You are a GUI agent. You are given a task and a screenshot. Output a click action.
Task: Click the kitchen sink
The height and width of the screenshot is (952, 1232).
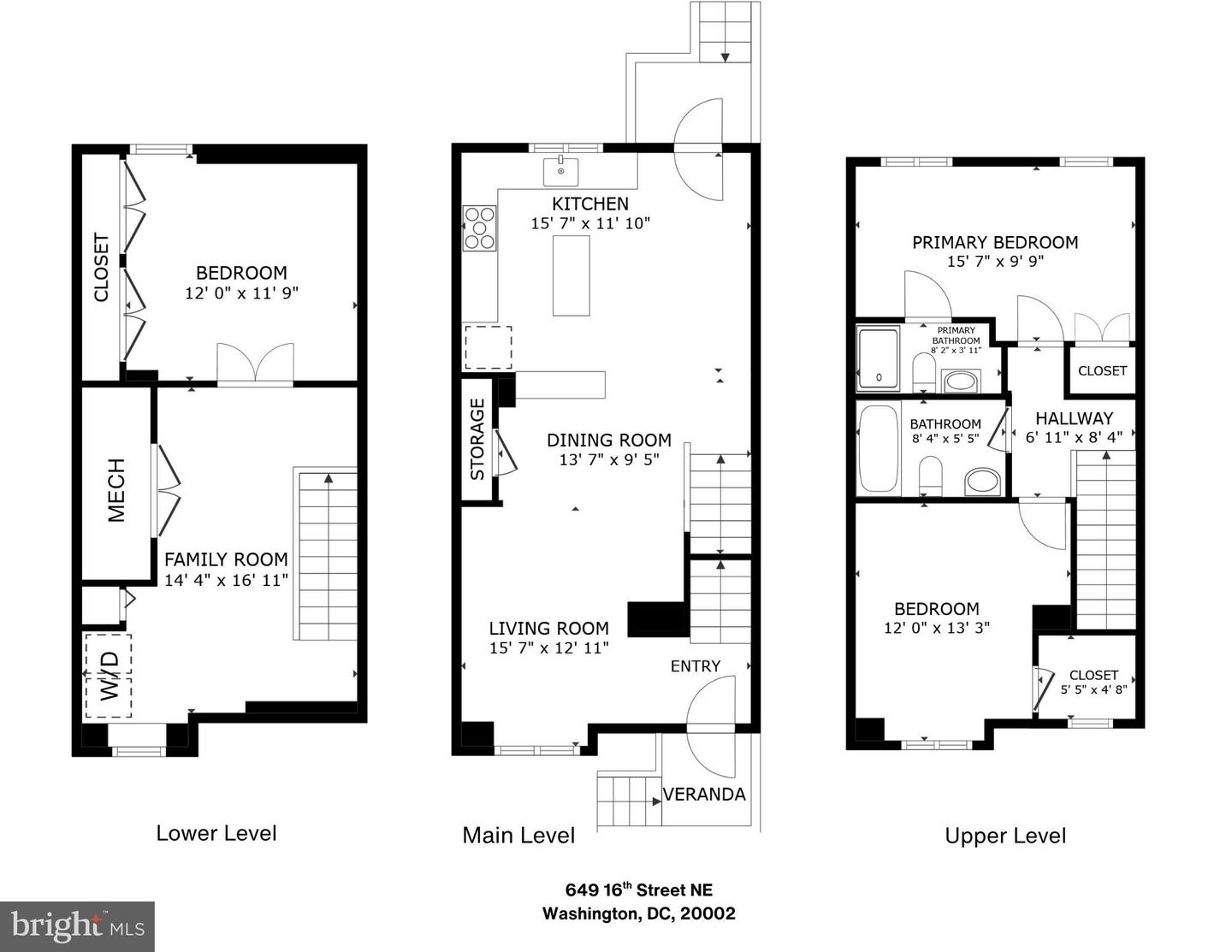(x=560, y=172)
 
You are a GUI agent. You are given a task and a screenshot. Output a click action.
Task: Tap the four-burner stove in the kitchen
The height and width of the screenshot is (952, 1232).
(x=480, y=228)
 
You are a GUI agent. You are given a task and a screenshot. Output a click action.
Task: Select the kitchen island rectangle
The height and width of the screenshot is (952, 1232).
(x=571, y=275)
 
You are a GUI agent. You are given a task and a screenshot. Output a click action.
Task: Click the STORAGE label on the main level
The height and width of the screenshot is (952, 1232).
(x=477, y=439)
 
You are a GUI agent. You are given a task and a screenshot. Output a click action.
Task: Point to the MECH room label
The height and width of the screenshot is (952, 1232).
(x=116, y=489)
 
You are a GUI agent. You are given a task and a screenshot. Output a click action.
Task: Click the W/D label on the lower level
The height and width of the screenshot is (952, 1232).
(x=110, y=676)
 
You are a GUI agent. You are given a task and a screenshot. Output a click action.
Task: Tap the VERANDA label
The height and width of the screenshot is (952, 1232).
(x=704, y=795)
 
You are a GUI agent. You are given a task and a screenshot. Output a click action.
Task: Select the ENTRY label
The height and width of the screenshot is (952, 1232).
(x=695, y=665)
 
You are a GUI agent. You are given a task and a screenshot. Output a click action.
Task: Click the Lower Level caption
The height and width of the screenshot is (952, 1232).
(x=216, y=833)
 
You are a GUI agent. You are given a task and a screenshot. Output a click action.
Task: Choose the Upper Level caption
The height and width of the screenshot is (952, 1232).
(x=1005, y=836)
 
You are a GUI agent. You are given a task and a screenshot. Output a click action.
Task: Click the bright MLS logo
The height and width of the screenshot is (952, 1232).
(x=77, y=926)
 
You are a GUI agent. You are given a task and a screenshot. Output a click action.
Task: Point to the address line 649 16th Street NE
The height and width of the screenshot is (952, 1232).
(x=639, y=890)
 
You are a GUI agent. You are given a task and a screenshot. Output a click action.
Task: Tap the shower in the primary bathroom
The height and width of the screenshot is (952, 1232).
(x=878, y=358)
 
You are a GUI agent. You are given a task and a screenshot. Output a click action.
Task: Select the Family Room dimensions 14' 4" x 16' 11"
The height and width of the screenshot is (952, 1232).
(x=226, y=580)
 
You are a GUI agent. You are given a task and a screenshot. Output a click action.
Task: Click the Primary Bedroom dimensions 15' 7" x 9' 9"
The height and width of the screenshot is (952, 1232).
(x=995, y=261)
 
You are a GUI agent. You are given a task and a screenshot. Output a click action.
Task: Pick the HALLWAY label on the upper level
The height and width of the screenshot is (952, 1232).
(x=1074, y=419)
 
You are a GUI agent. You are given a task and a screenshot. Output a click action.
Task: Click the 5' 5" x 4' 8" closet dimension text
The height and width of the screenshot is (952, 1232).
(x=1093, y=689)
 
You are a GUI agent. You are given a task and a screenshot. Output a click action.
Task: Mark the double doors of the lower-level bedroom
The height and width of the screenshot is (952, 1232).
(x=256, y=364)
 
